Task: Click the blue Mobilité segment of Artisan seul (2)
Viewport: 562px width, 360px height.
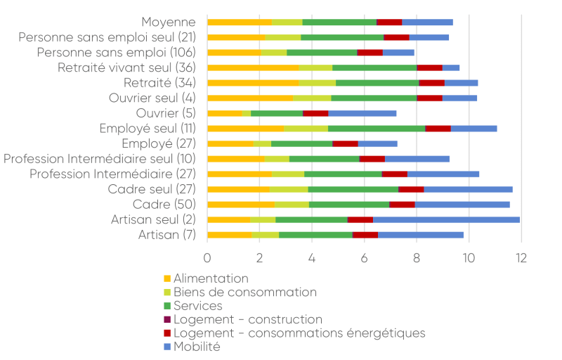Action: point(446,219)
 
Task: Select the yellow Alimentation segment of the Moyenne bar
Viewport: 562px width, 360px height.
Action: point(240,22)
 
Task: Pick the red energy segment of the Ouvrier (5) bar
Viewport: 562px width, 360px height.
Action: point(315,113)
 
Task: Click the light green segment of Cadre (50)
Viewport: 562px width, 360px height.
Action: point(292,205)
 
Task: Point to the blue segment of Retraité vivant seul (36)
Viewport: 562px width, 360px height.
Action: point(451,67)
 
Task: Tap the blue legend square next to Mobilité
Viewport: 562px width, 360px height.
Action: point(167,347)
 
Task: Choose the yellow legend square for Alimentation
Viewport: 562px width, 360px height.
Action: point(167,279)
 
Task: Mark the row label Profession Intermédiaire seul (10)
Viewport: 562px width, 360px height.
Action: point(100,159)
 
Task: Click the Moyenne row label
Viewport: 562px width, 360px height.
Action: point(168,22)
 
